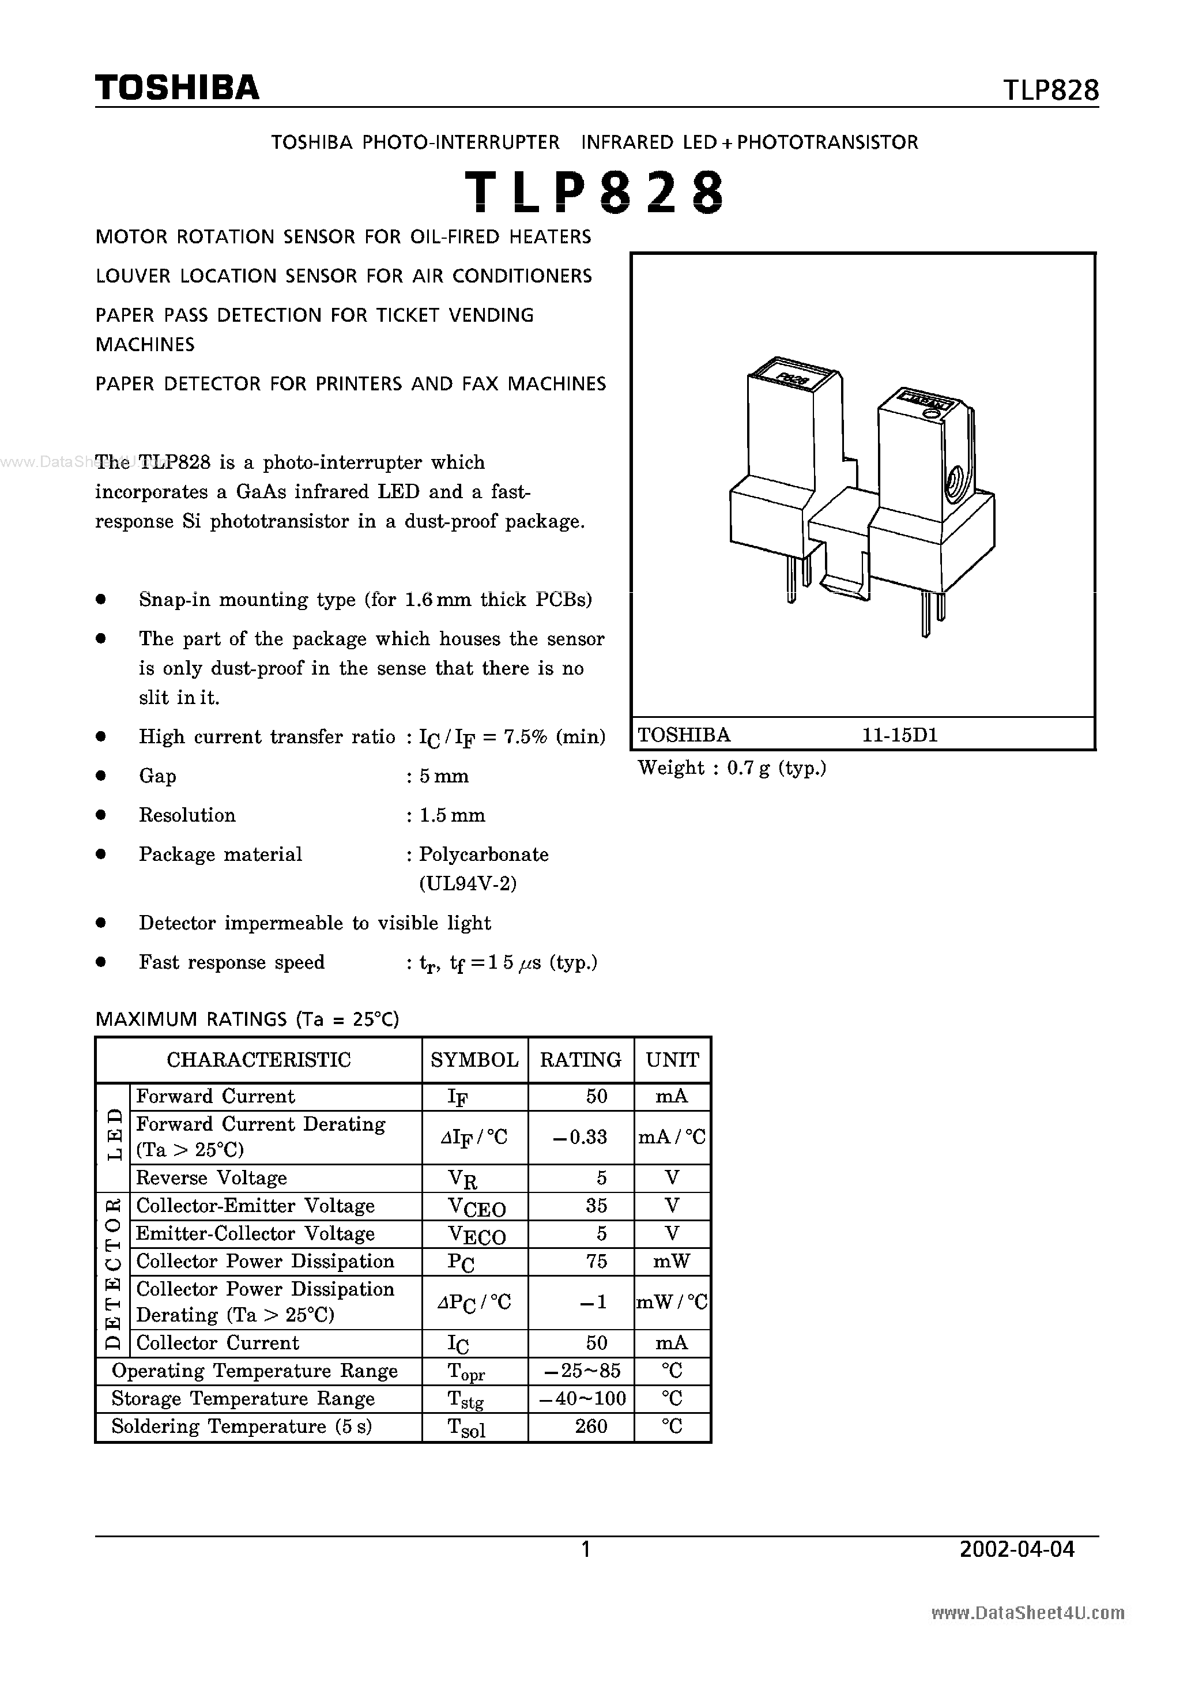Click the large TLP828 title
pyautogui.click(x=595, y=193)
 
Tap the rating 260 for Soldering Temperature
pyautogui.click(x=591, y=1426)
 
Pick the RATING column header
pyautogui.click(x=580, y=1060)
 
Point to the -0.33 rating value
pyautogui.click(x=580, y=1136)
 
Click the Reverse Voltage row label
pyautogui.click(x=212, y=1178)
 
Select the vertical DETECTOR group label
pyautogui.click(x=114, y=1274)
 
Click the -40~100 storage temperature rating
pyautogui.click(x=582, y=1398)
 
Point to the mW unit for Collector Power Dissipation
pyautogui.click(x=672, y=1262)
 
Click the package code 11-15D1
pyautogui.click(x=900, y=735)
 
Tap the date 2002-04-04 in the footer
pyautogui.click(x=1017, y=1549)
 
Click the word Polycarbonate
pyautogui.click(x=484, y=854)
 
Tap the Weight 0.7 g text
pyautogui.click(x=732, y=768)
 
